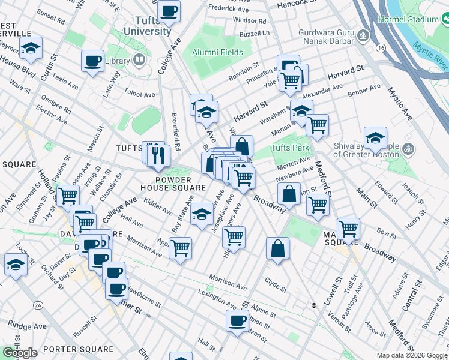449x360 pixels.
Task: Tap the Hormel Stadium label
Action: (x=408, y=19)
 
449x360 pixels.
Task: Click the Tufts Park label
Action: (x=289, y=148)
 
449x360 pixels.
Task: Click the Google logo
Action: (x=20, y=352)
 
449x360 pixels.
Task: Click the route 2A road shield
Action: (x=38, y=305)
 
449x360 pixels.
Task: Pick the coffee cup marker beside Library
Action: (x=93, y=61)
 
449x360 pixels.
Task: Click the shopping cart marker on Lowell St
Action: (x=348, y=228)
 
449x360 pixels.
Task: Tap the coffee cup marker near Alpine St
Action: (x=238, y=320)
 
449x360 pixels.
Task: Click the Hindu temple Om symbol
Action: (x=408, y=148)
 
